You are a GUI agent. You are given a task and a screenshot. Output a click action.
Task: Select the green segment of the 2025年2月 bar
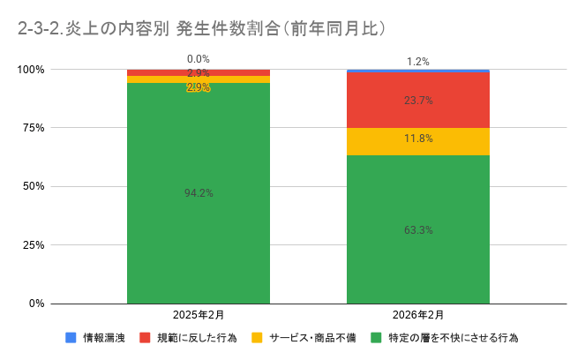[199, 229]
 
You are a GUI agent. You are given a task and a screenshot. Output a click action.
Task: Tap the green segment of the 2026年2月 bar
[418, 265]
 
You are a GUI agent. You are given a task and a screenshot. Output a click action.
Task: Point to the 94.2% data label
[199, 192]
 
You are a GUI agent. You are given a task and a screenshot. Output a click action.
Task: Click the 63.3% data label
[418, 230]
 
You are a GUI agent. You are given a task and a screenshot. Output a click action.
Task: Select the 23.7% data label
[418, 101]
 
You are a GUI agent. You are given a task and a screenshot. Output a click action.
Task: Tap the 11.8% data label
[418, 139]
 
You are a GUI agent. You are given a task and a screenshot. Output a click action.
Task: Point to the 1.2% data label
[418, 62]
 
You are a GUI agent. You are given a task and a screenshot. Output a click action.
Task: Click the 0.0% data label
[199, 59]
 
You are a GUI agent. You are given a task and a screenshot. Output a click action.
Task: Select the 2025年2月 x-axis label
[199, 315]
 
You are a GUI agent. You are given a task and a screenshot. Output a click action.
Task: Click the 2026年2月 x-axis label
[418, 315]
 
